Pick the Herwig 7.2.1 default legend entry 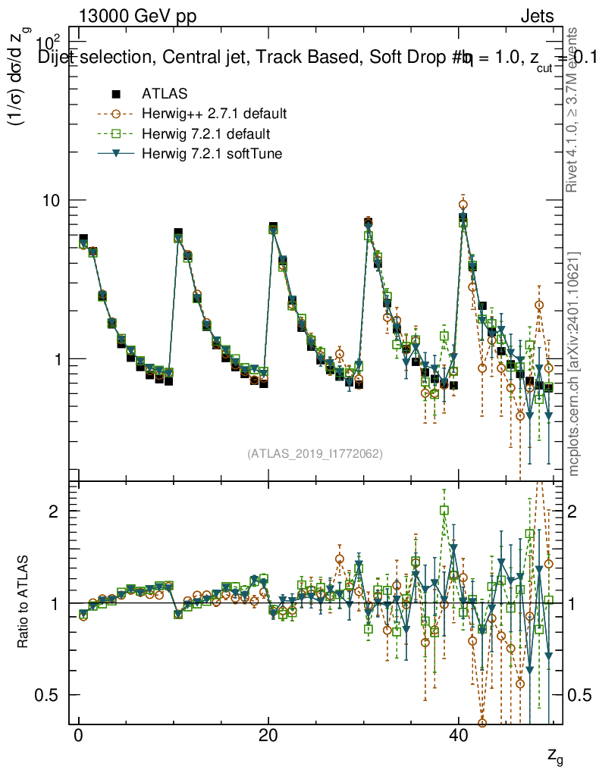point(205,134)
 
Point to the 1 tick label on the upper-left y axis point(61,358)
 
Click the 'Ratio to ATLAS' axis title point(24,602)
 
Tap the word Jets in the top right point(536,16)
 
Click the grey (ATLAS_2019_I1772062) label point(315,454)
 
